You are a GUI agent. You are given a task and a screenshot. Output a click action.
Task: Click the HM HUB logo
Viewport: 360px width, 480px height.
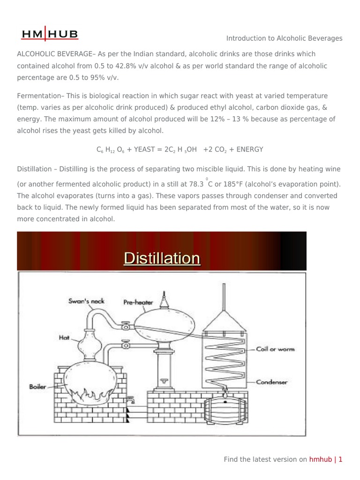pyautogui.click(x=50, y=34)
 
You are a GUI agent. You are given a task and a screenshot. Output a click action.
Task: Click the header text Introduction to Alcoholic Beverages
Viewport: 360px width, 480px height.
pyautogui.click(x=284, y=38)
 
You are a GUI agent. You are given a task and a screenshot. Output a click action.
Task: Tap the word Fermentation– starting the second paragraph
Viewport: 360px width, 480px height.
pyautogui.click(x=39, y=96)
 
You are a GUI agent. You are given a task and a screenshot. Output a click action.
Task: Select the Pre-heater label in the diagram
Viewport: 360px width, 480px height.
pyautogui.click(x=138, y=302)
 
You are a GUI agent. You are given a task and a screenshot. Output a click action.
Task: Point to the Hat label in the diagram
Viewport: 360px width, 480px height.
pyautogui.click(x=64, y=337)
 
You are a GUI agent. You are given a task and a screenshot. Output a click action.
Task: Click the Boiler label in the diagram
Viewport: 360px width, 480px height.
pyautogui.click(x=37, y=387)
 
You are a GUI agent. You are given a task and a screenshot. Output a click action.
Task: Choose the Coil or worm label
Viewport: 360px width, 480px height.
pyautogui.click(x=275, y=349)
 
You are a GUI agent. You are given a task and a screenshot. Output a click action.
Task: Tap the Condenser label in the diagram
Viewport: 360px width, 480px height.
pyautogui.click(x=271, y=382)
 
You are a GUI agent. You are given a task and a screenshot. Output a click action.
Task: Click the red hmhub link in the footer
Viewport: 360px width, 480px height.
pyautogui.click(x=320, y=459)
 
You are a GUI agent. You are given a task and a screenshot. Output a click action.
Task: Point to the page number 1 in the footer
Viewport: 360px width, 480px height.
pyautogui.click(x=341, y=459)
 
